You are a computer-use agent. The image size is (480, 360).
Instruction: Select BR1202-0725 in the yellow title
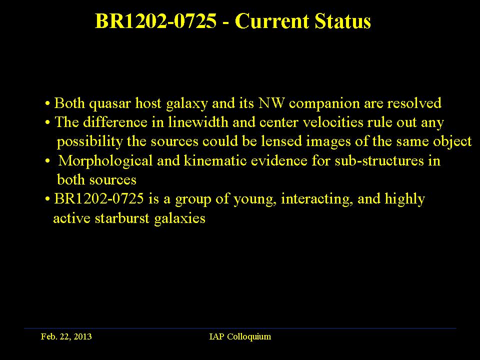click(x=156, y=21)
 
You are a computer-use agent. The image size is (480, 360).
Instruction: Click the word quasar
click(x=110, y=104)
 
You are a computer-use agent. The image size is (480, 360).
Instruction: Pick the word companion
click(x=324, y=104)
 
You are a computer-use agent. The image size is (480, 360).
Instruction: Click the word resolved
click(x=414, y=103)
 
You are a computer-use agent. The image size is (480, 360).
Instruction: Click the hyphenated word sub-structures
click(x=379, y=160)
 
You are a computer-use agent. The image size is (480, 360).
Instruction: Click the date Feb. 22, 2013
click(x=66, y=336)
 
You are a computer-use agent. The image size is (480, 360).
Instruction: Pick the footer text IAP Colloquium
click(x=240, y=336)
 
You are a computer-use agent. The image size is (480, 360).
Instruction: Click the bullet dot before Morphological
click(x=47, y=161)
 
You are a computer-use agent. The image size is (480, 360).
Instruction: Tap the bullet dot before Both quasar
click(x=47, y=103)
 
